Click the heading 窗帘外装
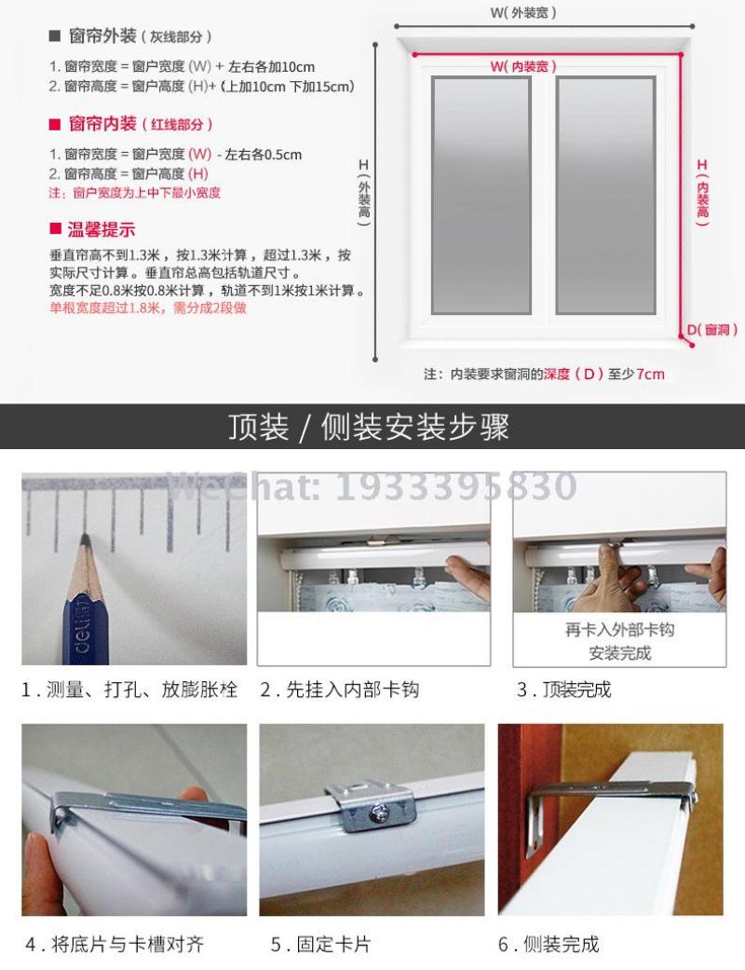point(102,36)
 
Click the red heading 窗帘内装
point(102,124)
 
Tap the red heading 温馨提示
point(102,230)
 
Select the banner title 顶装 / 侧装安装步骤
point(369,427)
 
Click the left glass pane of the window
point(481,196)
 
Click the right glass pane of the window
point(605,196)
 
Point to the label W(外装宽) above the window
point(523,12)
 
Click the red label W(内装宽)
point(523,66)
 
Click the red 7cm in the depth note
point(650,374)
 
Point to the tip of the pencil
point(86,535)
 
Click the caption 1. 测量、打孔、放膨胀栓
point(129,690)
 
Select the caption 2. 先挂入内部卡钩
point(339,690)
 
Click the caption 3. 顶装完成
point(563,690)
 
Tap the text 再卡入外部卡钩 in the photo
point(619,631)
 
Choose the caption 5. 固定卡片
point(320,944)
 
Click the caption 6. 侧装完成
point(549,944)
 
